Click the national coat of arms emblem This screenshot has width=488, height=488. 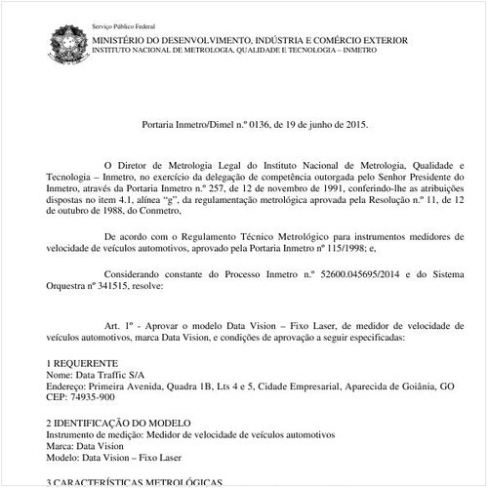(66, 45)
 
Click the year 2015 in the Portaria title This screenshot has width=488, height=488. (356, 125)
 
